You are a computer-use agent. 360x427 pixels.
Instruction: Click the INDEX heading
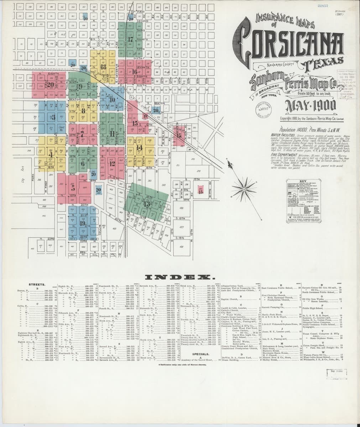179,276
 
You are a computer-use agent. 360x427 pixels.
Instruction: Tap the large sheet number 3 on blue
53,117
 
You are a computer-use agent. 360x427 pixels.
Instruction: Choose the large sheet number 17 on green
130,40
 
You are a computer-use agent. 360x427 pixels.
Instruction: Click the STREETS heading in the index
36,285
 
